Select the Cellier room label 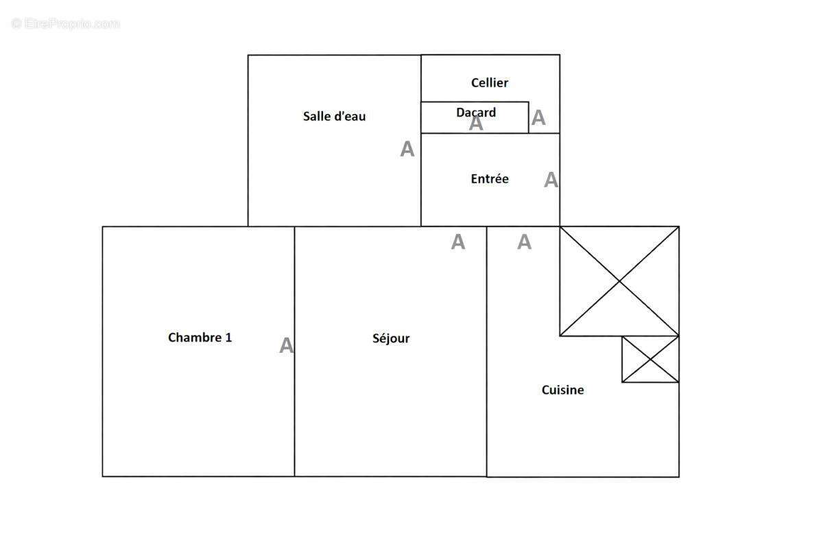(x=490, y=82)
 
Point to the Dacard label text (x=476, y=112)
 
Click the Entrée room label (x=490, y=178)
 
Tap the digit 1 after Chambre (x=228, y=337)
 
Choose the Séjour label (x=391, y=338)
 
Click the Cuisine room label (x=563, y=390)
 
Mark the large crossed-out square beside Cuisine (x=619, y=281)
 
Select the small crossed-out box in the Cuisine (x=650, y=359)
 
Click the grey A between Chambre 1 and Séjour (x=286, y=346)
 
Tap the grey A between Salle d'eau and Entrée (x=407, y=149)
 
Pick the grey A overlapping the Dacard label (x=476, y=124)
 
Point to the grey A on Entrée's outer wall (x=551, y=180)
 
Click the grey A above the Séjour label (x=457, y=242)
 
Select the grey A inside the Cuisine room (x=524, y=242)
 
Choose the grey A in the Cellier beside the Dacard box (x=538, y=118)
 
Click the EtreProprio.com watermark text (x=72, y=24)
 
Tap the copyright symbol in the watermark (x=16, y=24)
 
